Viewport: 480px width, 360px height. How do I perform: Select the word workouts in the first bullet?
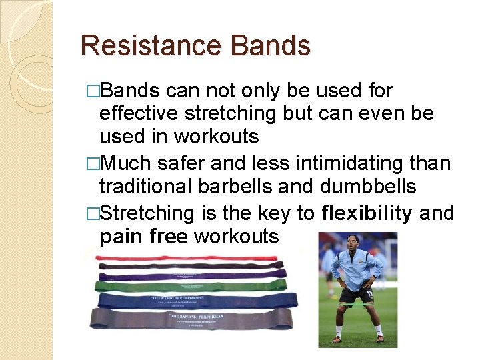pyautogui.click(x=216, y=136)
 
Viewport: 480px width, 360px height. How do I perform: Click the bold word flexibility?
pyautogui.click(x=367, y=213)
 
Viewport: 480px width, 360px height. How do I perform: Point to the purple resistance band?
pyautogui.click(x=193, y=274)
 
